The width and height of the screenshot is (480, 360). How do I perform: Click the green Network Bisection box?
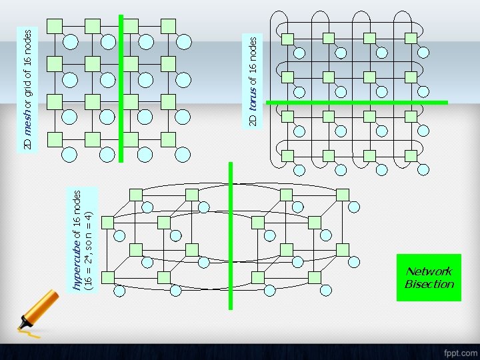click(429, 277)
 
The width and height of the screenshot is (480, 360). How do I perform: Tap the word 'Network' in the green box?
click(429, 271)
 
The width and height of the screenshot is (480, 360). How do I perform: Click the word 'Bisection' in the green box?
click(429, 284)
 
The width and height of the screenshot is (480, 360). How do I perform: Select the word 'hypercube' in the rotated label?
click(77, 264)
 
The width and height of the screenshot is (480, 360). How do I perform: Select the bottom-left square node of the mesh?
click(55, 139)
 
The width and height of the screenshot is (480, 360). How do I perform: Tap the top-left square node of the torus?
click(287, 38)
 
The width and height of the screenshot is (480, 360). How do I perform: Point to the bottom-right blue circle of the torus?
click(423, 171)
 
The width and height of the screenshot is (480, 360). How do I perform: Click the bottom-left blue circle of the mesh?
click(68, 155)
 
